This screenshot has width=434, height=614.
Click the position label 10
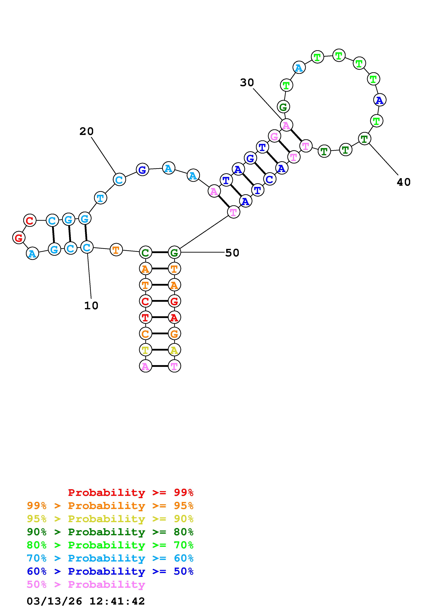coord(91,305)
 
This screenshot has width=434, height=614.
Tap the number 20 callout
coord(86,131)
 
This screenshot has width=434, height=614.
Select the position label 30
coord(246,83)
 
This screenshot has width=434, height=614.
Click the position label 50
coord(232,253)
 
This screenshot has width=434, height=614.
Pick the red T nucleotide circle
coord(145,318)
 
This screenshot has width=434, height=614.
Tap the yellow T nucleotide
coord(145,350)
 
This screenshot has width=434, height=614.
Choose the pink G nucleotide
coord(274,137)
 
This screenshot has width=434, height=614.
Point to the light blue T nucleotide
coord(100,198)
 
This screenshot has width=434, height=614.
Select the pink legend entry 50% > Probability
coord(86,585)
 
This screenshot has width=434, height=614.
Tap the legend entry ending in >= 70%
coord(110,545)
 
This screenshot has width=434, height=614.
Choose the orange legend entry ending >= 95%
coord(110,506)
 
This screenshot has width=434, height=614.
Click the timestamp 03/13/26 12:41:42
coord(86,601)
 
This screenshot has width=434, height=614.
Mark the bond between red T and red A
coord(160,318)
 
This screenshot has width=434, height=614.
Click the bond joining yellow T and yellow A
coord(160,350)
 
